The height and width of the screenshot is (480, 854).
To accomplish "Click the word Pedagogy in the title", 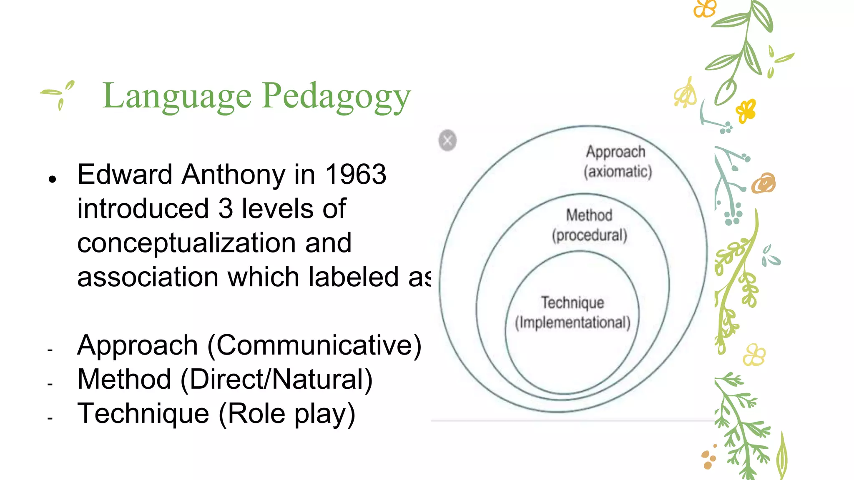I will click(337, 96).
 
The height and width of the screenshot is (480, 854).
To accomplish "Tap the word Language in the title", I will click(177, 96).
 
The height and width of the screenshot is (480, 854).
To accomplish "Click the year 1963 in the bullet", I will click(355, 174).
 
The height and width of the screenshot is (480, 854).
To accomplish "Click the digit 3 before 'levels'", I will click(225, 209).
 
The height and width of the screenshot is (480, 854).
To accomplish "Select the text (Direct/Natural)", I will click(276, 380).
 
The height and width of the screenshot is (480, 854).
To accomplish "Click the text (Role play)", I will click(287, 414).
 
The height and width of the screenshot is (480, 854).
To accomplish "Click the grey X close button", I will click(447, 140).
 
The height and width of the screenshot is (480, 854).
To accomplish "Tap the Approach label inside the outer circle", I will click(615, 152).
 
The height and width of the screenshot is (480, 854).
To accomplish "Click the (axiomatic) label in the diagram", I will click(618, 172).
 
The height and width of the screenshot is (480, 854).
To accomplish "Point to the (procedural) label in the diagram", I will click(590, 235).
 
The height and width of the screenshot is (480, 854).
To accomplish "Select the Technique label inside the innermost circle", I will click(573, 302).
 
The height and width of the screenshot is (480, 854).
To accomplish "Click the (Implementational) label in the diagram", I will click(573, 322).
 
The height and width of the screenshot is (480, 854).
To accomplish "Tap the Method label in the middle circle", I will click(589, 215).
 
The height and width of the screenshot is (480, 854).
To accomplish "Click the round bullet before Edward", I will click(52, 180).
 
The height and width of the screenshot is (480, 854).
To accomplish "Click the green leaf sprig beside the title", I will click(59, 94).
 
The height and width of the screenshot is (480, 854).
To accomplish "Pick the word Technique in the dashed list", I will click(143, 414).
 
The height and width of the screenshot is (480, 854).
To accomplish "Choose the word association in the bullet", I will click(148, 277).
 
